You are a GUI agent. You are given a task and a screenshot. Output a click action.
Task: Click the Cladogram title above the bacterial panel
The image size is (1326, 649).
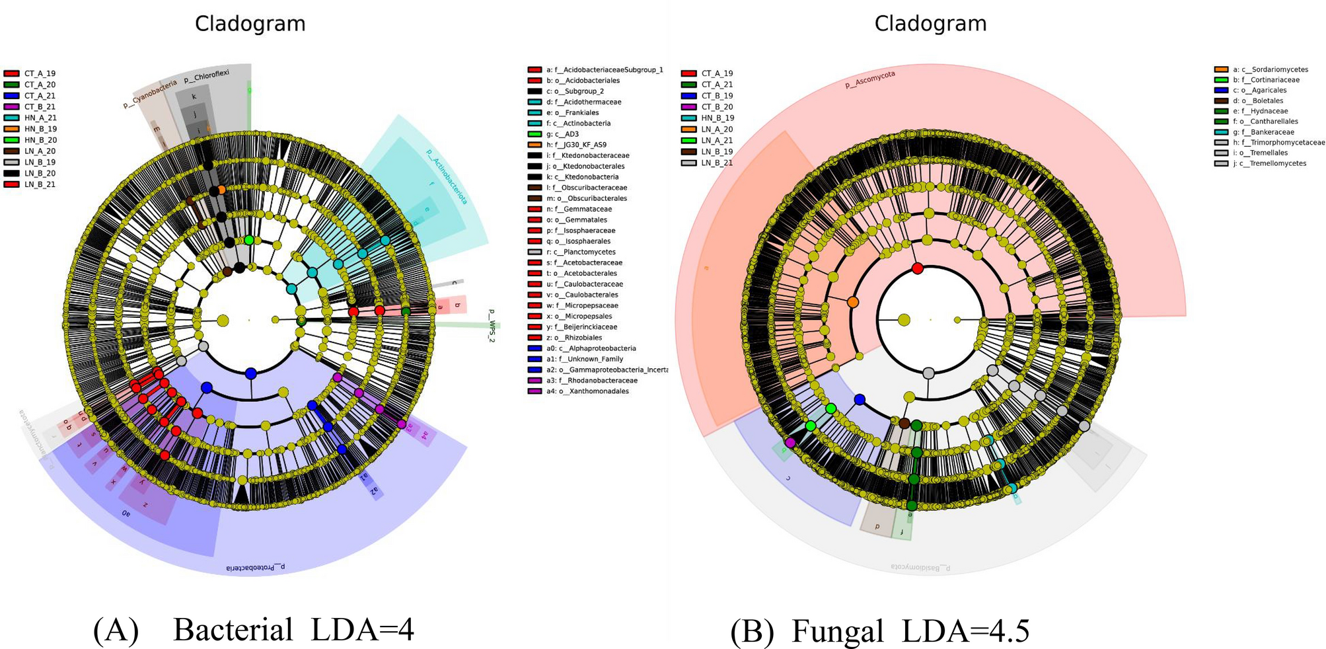pyautogui.click(x=250, y=24)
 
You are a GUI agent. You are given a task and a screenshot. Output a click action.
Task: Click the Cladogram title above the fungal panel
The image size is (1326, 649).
pyautogui.click(x=930, y=24)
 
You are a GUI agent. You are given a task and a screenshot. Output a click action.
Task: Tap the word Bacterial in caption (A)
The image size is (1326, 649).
pyautogui.click(x=233, y=629)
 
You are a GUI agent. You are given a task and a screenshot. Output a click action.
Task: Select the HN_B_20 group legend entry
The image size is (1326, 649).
pyautogui.click(x=40, y=140)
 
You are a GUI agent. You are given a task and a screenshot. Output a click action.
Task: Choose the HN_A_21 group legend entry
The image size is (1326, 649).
pyautogui.click(x=40, y=118)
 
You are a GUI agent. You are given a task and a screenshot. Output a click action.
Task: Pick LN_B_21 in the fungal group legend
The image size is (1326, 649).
pyautogui.click(x=716, y=163)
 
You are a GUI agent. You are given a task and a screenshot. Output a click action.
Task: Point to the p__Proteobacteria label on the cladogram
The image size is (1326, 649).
pyautogui.click(x=255, y=567)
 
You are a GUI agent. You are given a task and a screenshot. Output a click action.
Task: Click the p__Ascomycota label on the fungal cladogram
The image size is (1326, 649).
pyautogui.click(x=870, y=80)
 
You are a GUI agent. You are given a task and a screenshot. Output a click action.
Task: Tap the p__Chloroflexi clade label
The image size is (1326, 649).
pyautogui.click(x=206, y=76)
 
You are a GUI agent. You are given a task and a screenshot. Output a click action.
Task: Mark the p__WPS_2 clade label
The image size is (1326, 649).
pyautogui.click(x=491, y=324)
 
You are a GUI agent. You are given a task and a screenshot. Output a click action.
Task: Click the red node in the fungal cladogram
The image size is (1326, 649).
pyautogui.click(x=917, y=268)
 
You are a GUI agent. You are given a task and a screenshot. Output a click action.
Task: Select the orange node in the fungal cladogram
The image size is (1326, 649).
pyautogui.click(x=853, y=302)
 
